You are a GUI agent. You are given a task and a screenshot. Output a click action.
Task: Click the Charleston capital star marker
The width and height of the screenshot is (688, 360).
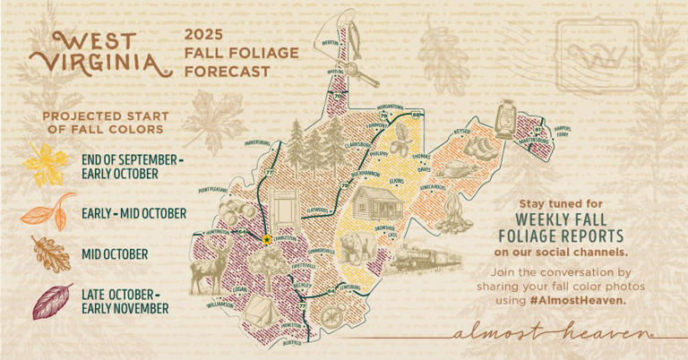tap(267, 240)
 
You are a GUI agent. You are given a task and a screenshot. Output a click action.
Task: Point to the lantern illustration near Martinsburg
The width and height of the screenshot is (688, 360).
tap(505, 119)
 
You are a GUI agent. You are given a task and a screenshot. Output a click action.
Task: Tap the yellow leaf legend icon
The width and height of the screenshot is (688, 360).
tap(45, 164)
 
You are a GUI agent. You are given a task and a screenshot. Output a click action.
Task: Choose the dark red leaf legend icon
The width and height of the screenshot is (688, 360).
tap(52, 302)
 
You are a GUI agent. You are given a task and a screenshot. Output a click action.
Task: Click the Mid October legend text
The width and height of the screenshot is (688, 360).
tap(114, 254)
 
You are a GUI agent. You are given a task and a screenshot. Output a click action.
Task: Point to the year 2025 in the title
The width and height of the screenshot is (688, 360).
tap(202, 34)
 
